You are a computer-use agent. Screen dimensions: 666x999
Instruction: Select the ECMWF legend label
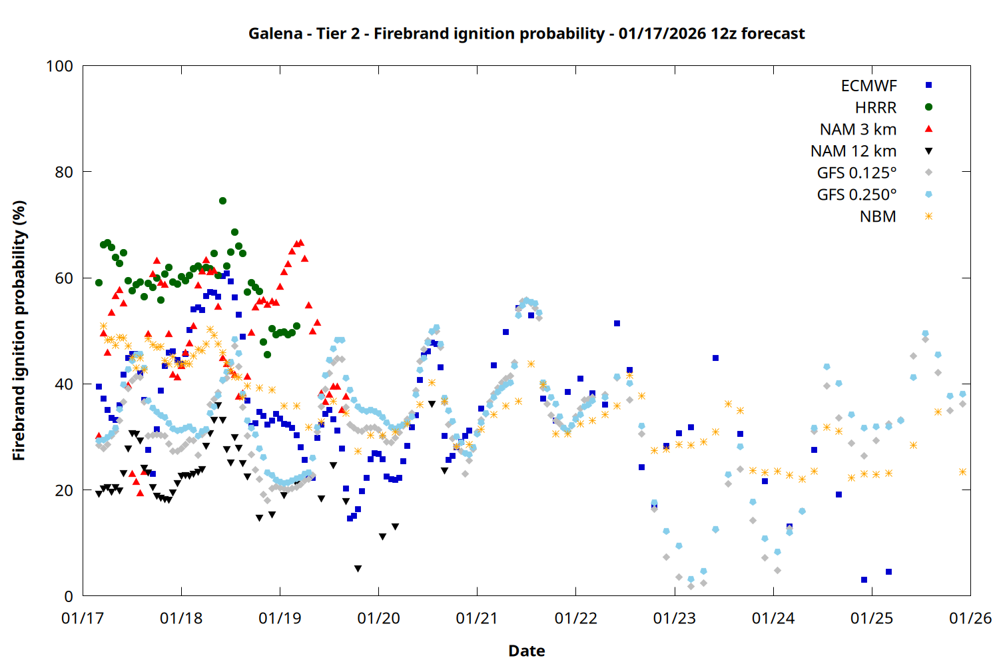(868, 86)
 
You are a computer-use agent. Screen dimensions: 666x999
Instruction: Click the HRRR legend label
(876, 108)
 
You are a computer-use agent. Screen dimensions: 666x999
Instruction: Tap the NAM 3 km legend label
(858, 129)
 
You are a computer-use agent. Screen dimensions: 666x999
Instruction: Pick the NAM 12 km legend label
(853, 151)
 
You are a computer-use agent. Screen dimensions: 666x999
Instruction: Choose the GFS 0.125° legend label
(856, 173)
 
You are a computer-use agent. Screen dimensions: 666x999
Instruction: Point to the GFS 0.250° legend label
(856, 195)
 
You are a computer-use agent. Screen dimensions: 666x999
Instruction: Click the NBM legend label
(878, 216)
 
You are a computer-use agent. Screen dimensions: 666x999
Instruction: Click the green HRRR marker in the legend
(928, 107)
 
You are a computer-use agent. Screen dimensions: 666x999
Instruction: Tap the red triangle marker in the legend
(928, 129)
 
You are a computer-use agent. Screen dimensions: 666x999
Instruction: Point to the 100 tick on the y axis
(59, 66)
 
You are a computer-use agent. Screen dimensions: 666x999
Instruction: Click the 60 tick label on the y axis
(64, 278)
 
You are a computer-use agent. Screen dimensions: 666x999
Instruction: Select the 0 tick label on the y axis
(69, 597)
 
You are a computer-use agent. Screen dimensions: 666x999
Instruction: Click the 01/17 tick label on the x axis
(83, 619)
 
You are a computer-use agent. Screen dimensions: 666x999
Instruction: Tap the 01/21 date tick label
(477, 619)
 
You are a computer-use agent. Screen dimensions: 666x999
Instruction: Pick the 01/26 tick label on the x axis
(970, 619)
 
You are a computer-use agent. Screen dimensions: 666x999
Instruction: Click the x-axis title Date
(526, 651)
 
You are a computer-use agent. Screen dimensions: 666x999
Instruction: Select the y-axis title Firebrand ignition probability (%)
(19, 330)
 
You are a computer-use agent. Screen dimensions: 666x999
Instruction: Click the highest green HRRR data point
(222, 200)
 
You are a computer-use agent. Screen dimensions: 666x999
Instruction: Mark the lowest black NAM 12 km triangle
(358, 569)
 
